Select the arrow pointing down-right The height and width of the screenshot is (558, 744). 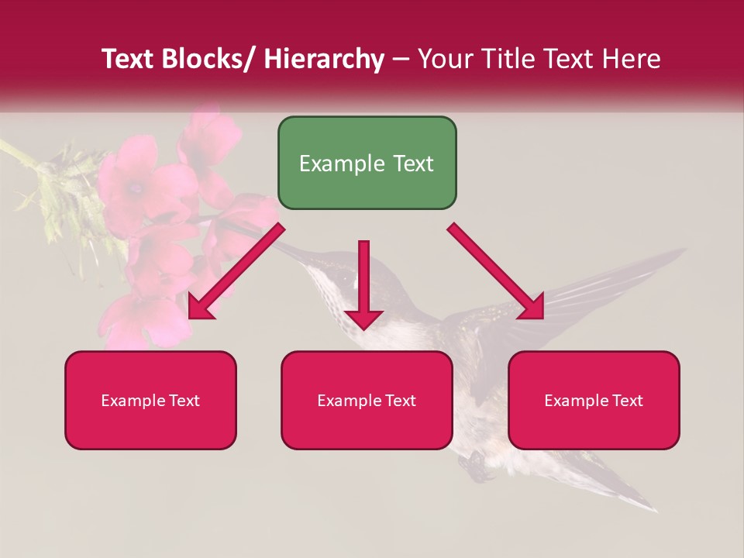(x=496, y=271)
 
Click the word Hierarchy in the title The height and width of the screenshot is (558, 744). (x=324, y=59)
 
